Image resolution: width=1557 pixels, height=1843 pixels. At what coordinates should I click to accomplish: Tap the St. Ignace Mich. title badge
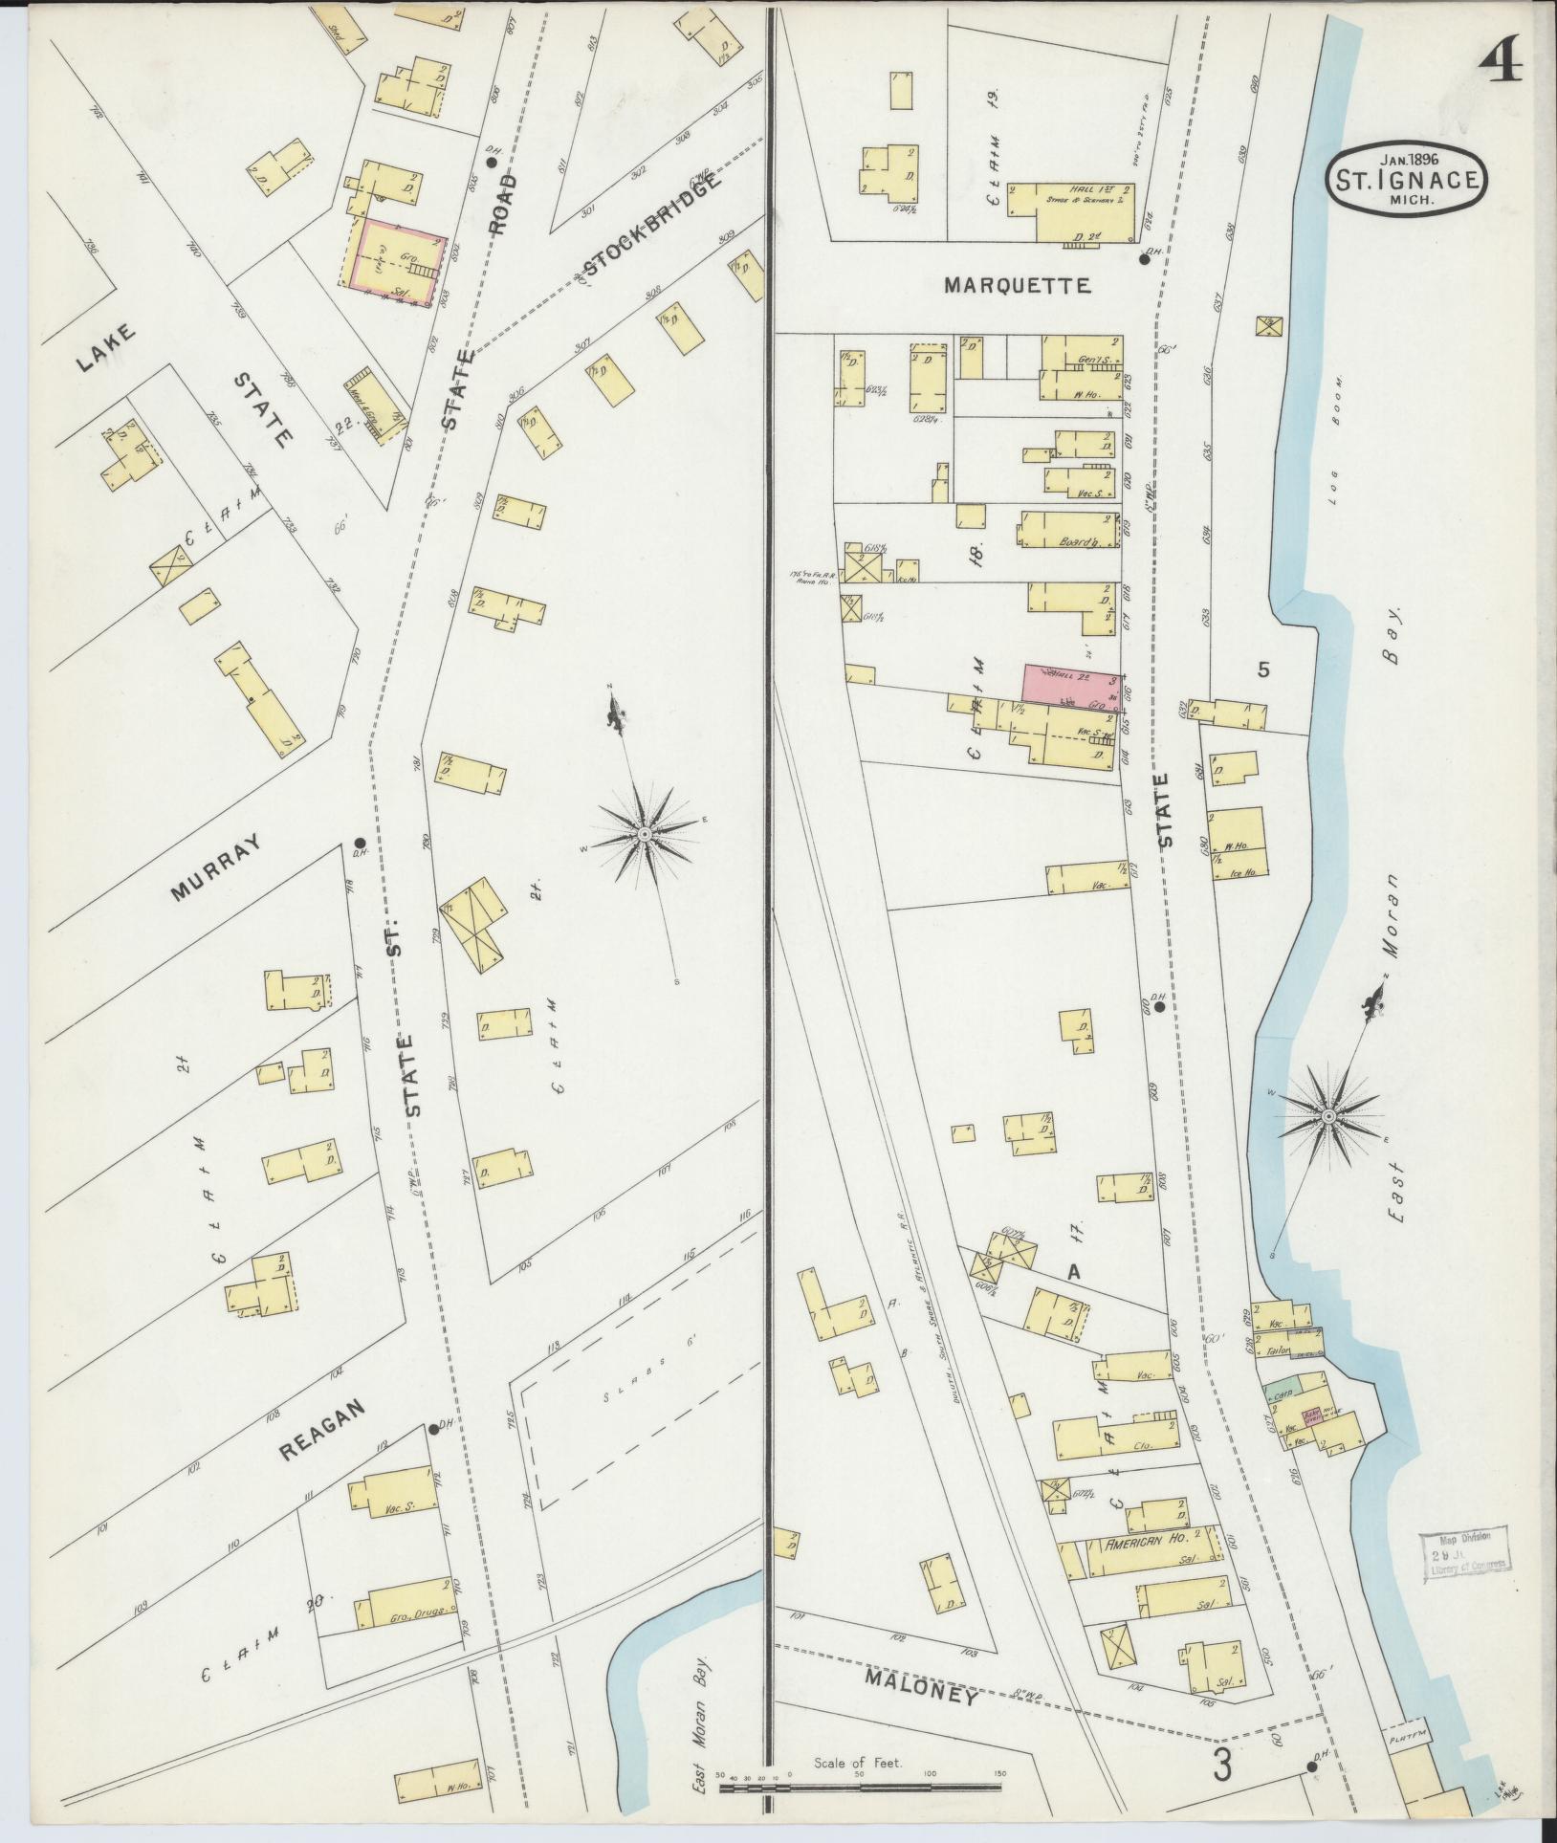point(1404,179)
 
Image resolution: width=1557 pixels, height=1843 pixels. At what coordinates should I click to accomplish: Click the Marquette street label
point(1016,285)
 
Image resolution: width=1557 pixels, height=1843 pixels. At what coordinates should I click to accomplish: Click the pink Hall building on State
point(1070,684)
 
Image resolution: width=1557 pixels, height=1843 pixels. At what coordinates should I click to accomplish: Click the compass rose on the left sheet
point(646,836)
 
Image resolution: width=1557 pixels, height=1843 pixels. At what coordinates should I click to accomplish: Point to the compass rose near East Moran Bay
point(1328,1116)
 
